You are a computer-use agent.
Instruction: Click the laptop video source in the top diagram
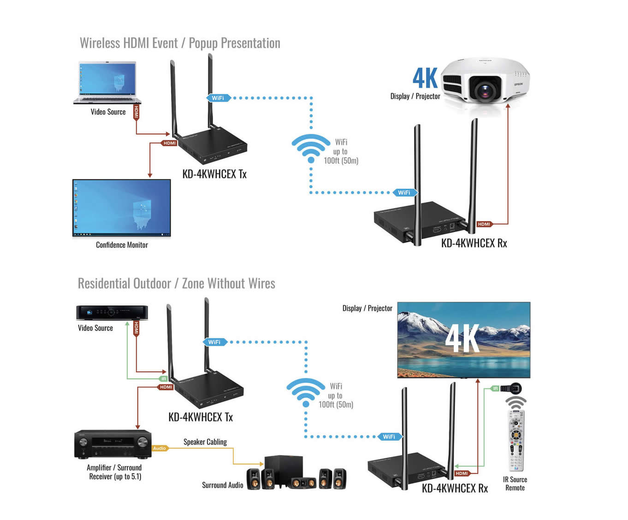click(x=107, y=83)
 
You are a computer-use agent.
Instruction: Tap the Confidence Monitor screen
click(x=122, y=208)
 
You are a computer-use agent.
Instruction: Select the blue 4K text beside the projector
click(x=425, y=78)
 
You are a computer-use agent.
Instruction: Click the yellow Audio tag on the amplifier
click(x=160, y=448)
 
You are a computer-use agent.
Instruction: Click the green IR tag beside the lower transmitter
click(x=163, y=378)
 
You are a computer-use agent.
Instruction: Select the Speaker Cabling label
click(x=205, y=442)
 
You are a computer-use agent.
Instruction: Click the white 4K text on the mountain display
click(x=462, y=338)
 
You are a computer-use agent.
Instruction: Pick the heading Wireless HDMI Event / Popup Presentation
click(x=180, y=43)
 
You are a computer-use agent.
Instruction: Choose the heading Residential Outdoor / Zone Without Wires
click(x=176, y=283)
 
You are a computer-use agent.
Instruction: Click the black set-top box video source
click(x=112, y=312)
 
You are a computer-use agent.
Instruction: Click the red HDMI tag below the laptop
click(x=136, y=112)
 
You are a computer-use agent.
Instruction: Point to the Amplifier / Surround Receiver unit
click(x=113, y=444)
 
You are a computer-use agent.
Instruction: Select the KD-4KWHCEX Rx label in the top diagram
click(x=474, y=243)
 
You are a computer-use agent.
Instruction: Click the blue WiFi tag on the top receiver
click(x=404, y=192)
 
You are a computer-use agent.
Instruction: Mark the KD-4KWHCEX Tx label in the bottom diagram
click(x=201, y=417)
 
